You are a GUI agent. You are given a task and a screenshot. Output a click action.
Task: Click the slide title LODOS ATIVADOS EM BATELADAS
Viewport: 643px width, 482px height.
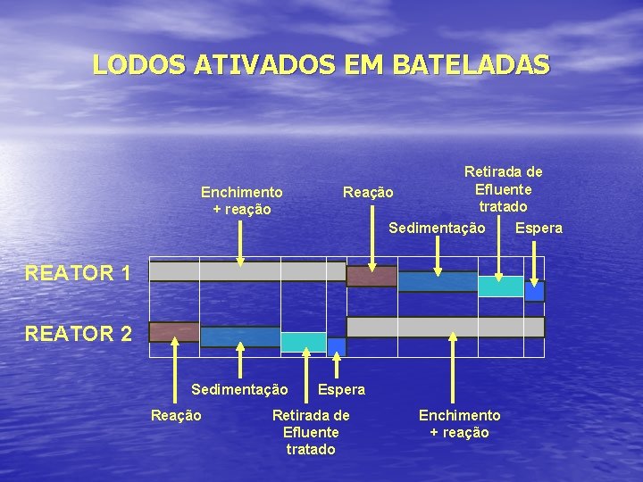321,64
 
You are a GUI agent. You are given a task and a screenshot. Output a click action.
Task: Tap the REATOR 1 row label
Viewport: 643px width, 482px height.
79,273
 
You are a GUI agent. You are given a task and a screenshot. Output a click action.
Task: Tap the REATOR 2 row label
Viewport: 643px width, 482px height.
79,334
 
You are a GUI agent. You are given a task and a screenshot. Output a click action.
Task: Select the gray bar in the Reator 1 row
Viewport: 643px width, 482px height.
246,271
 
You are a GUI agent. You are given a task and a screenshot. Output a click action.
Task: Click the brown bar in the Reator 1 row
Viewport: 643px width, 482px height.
372,276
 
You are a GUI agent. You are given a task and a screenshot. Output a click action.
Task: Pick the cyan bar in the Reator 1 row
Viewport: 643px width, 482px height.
500,286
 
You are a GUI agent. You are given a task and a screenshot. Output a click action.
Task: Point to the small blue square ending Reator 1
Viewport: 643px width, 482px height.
534,291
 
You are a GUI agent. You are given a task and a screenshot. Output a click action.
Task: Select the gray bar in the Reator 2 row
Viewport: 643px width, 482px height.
445,327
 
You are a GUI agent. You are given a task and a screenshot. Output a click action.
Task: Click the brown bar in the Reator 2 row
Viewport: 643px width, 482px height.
174,332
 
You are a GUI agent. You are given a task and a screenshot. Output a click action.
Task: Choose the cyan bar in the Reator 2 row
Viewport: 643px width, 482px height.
304,342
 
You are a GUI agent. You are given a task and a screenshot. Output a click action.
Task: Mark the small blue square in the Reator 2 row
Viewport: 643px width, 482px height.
336,346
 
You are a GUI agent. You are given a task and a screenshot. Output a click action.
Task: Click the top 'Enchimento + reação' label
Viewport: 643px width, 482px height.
241,200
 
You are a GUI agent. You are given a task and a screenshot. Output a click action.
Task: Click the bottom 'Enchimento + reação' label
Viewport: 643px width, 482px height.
459,423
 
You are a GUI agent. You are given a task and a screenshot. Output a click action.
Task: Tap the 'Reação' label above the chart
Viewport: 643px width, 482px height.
368,192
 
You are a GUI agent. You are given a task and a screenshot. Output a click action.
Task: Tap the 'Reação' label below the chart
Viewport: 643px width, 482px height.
176,415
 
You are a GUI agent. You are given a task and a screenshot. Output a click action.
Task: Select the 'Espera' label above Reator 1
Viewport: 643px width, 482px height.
539,228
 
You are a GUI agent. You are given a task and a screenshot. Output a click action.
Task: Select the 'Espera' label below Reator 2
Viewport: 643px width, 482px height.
341,389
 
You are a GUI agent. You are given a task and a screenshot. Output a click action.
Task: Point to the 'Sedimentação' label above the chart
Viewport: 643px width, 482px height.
437,228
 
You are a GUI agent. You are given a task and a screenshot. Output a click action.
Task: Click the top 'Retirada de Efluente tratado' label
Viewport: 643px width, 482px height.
503,188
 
